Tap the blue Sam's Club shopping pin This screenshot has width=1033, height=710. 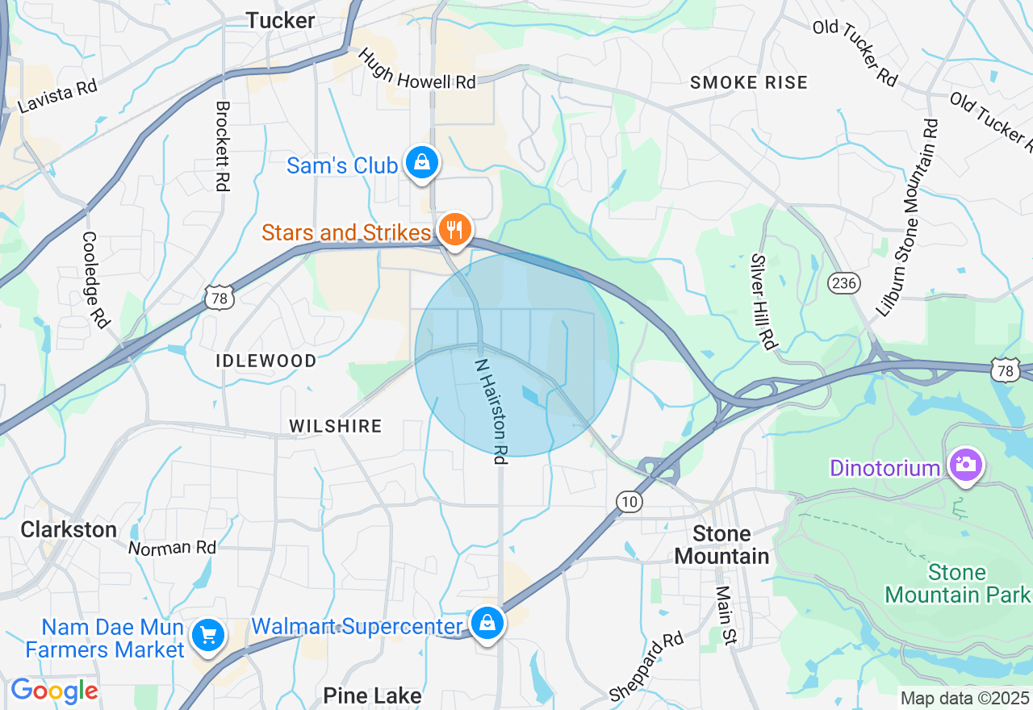pos(421,163)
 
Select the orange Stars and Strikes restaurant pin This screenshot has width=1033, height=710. pos(455,230)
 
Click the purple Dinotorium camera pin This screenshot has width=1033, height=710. pos(965,466)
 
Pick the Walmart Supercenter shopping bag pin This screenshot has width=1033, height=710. pos(487,624)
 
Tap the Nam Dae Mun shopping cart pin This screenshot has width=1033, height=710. pos(208,637)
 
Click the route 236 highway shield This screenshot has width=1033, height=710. pos(843,282)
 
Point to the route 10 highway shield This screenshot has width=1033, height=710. pos(630,502)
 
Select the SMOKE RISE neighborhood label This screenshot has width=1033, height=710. pos(749,82)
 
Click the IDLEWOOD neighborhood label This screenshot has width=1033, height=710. pos(266,361)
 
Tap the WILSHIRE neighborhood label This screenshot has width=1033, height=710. pos(336,426)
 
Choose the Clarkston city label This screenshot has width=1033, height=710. pos(69,529)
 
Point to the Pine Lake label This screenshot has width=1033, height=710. pos(372,695)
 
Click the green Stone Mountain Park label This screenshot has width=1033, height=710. pos(956,584)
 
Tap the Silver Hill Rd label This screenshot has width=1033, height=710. pos(763,302)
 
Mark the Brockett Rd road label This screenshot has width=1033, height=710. pos(223,145)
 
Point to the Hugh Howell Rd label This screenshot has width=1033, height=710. pos(416,69)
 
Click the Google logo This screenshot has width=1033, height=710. pos(54,691)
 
